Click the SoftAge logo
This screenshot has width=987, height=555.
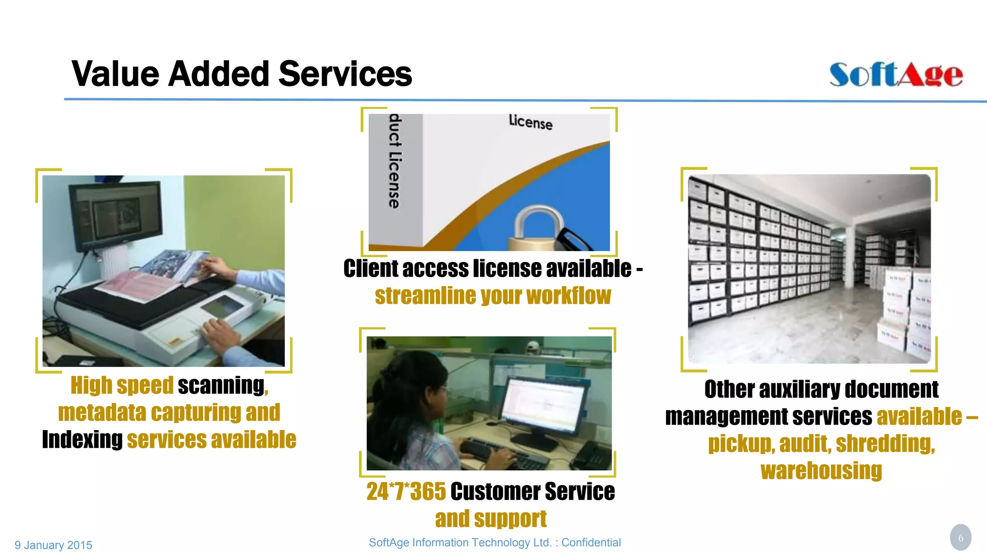coord(895,75)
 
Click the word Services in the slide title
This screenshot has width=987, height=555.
coord(345,74)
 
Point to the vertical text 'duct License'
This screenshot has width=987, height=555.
coord(395,161)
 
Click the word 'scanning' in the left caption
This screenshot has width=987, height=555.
coord(221,385)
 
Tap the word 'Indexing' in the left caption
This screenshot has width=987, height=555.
coord(82,440)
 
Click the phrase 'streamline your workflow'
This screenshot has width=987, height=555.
coord(493,296)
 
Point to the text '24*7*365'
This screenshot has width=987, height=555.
coord(406,492)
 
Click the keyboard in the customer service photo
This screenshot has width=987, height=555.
coord(501,453)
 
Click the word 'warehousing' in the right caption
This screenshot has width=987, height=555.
coord(821,471)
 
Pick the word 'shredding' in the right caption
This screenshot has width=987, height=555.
coord(885,444)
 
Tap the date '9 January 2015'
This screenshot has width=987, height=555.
coord(53,545)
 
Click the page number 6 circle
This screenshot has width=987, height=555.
coord(960,538)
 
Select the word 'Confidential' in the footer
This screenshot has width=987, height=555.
coord(591,542)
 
